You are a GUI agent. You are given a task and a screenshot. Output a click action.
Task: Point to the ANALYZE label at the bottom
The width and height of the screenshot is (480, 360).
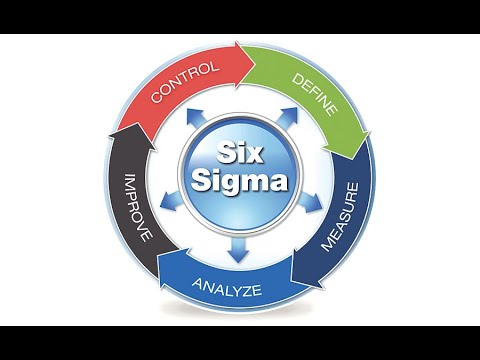point(229,290)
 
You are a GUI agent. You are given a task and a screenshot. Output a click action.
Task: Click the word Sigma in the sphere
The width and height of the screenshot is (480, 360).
point(240,183)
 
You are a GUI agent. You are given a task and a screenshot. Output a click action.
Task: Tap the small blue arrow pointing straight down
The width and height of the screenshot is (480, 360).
point(238,254)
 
